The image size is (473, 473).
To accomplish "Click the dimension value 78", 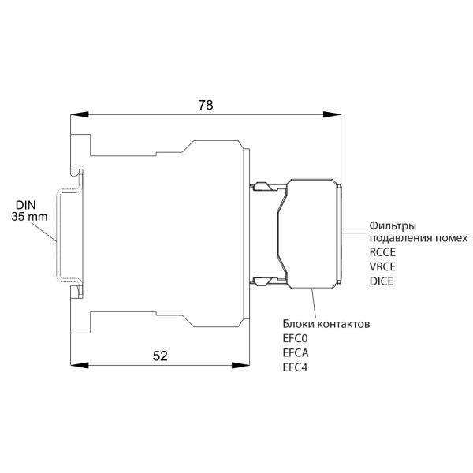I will (205, 104).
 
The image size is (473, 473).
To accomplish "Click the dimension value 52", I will (159, 356).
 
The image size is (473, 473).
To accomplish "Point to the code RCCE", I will (382, 252).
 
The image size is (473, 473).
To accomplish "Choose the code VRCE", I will (382, 266).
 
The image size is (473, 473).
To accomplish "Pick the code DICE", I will (381, 281).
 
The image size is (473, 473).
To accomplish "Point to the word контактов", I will (345, 324).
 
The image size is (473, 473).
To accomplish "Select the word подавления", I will (400, 238).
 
